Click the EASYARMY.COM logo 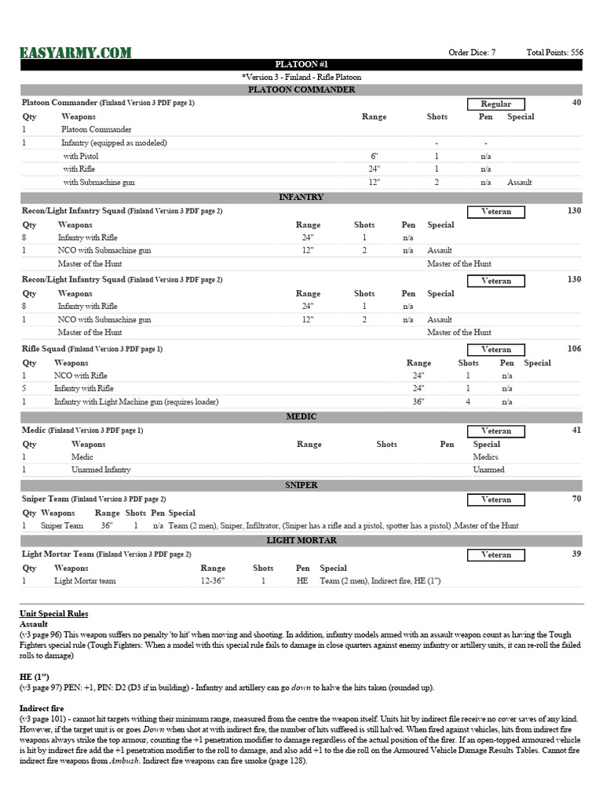pyautogui.click(x=75, y=53)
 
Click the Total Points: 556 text pyautogui.click(x=554, y=53)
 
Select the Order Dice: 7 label pyautogui.click(x=471, y=53)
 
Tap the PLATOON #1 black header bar pyautogui.click(x=301, y=64)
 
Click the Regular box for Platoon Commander pyautogui.click(x=495, y=104)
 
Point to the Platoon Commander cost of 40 pyautogui.click(x=576, y=103)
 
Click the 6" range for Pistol pyautogui.click(x=374, y=156)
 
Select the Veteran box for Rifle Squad pyautogui.click(x=495, y=350)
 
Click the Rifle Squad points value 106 pyautogui.click(x=574, y=349)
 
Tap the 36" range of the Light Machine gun pyautogui.click(x=418, y=401)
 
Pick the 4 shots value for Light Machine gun pyautogui.click(x=468, y=401)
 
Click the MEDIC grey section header pyautogui.click(x=301, y=416)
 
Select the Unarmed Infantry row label pyautogui.click(x=100, y=470)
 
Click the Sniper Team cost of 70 pyautogui.click(x=576, y=499)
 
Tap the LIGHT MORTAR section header pyautogui.click(x=301, y=540)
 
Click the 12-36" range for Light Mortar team pyautogui.click(x=213, y=581)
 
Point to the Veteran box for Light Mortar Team pyautogui.click(x=495, y=555)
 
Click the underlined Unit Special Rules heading pyautogui.click(x=53, y=613)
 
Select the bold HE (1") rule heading pyautogui.click(x=35, y=675)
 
